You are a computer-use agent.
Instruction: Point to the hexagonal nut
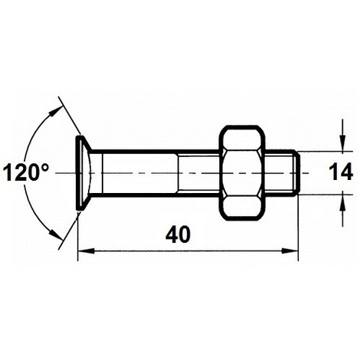pyautogui.click(x=244, y=173)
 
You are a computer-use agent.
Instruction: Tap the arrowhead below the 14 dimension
pyautogui.click(x=339, y=200)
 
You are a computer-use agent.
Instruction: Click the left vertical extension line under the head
pyautogui.click(x=80, y=230)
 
